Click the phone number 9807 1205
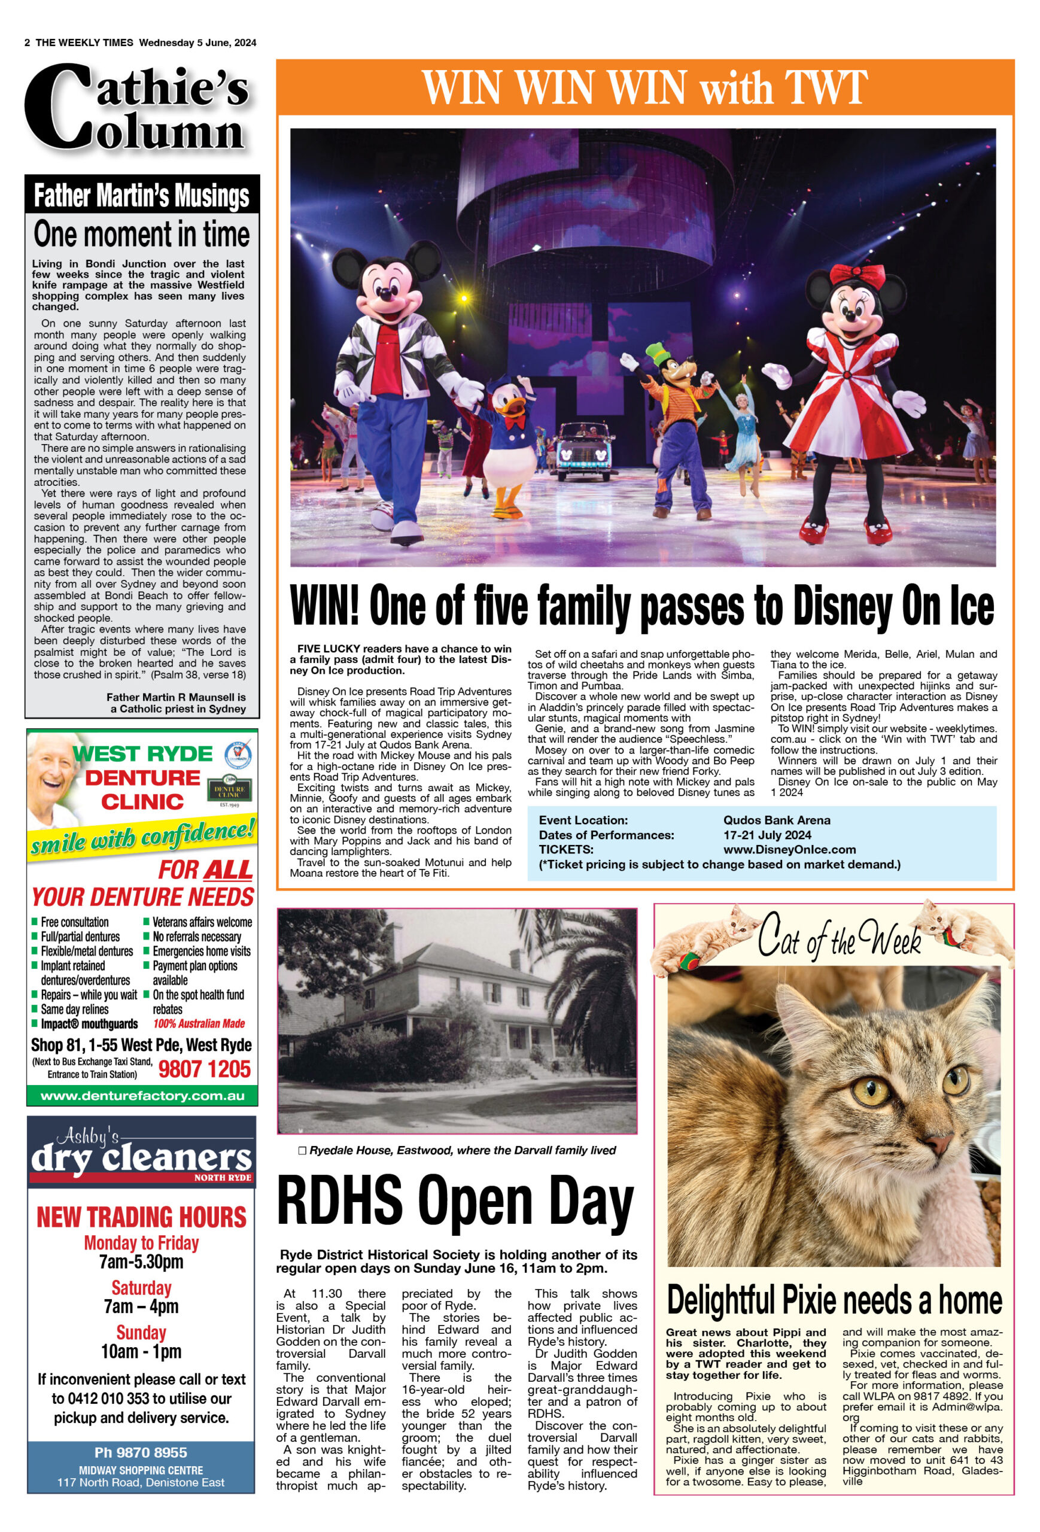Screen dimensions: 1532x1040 coord(204,1069)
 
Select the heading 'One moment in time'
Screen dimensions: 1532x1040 coord(142,235)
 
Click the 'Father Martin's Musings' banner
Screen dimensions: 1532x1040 coord(142,196)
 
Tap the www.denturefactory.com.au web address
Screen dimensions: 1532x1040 coord(142,1096)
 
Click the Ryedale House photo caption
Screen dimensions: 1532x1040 coord(462,1150)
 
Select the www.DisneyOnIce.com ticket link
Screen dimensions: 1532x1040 coord(789,850)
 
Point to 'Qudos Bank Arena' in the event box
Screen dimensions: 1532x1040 coord(776,820)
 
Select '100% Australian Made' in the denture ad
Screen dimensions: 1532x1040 coord(199,1024)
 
